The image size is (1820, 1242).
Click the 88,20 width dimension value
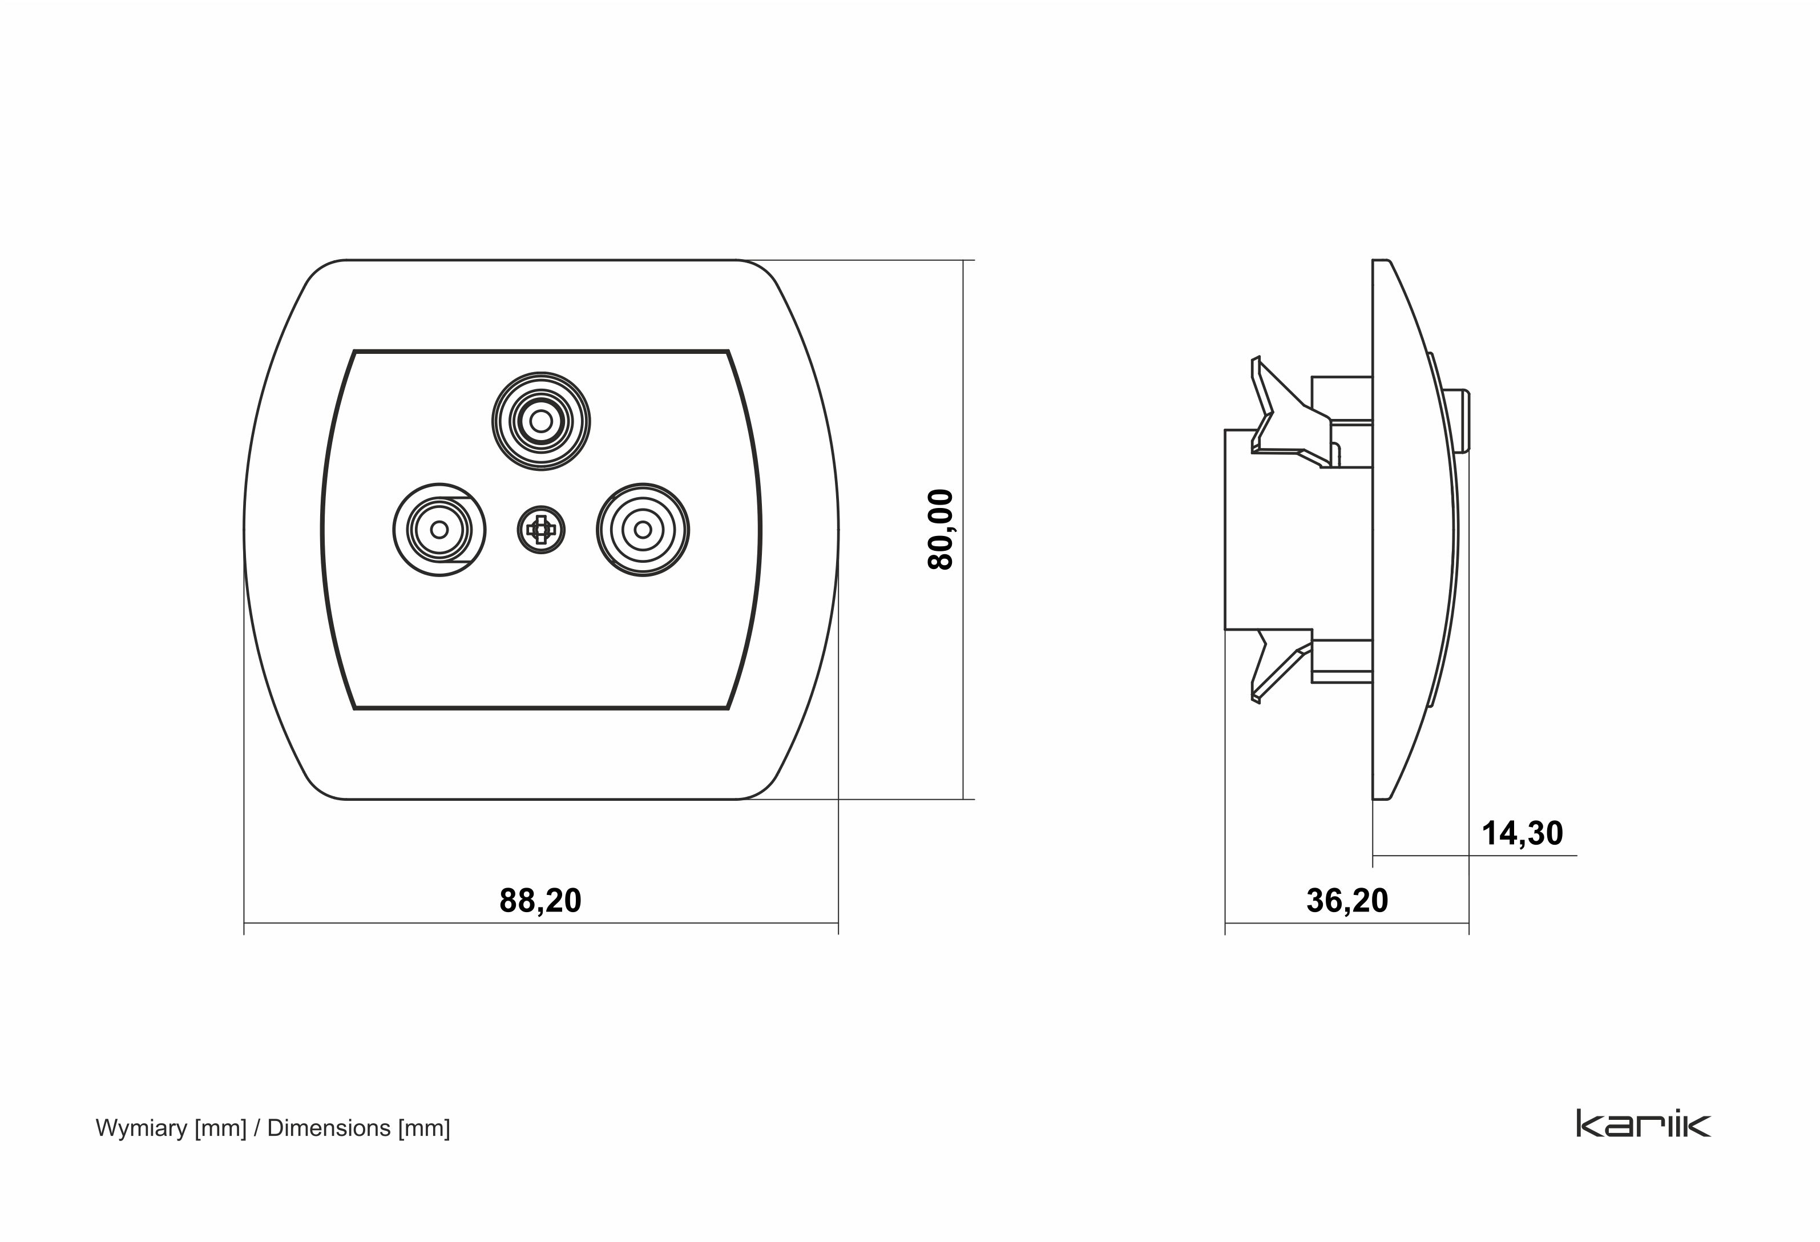[x=540, y=901]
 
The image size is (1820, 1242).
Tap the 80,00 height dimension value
[x=941, y=529]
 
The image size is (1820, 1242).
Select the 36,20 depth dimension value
[x=1347, y=901]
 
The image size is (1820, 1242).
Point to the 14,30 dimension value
[x=1523, y=833]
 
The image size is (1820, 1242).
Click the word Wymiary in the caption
[x=142, y=1128]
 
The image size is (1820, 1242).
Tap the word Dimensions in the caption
[x=329, y=1128]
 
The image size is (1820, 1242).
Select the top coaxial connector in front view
[x=541, y=421]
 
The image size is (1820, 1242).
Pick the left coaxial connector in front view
[x=439, y=530]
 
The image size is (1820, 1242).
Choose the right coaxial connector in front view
[x=643, y=530]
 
